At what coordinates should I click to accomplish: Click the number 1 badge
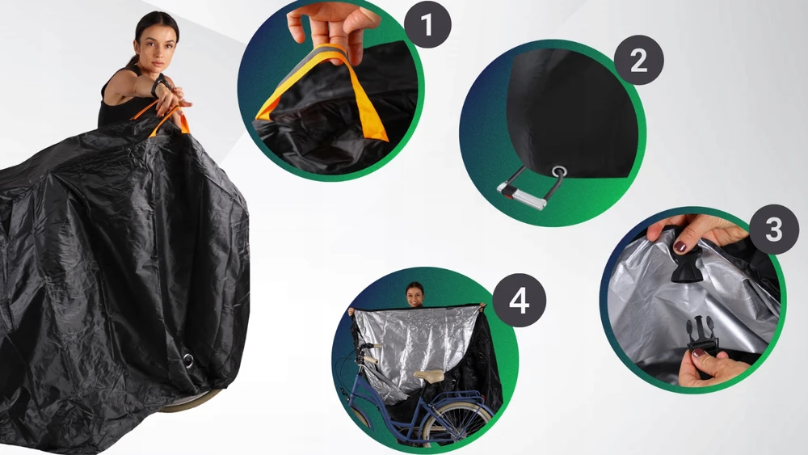point(427,24)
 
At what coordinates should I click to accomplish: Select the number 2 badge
point(638,61)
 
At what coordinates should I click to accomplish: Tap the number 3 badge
point(774,230)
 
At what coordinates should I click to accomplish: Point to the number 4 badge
point(519,300)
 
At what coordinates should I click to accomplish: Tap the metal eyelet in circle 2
point(558,171)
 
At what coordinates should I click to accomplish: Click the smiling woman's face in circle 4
point(415,297)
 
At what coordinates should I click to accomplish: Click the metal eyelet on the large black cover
point(188,360)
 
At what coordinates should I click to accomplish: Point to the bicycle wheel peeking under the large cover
point(190,400)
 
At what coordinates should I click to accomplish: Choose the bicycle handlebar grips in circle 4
point(369,354)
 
